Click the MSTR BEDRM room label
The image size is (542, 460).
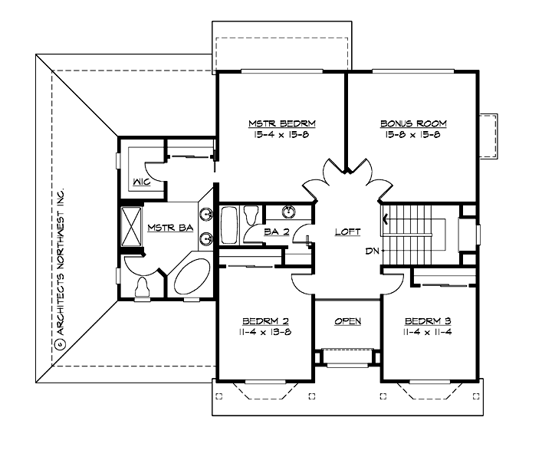pyautogui.click(x=282, y=123)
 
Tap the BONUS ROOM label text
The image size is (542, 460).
pyautogui.click(x=413, y=123)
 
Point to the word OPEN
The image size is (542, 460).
pyautogui.click(x=347, y=321)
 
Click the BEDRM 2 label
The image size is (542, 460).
pyautogui.click(x=264, y=320)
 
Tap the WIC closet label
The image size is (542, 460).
pyautogui.click(x=140, y=182)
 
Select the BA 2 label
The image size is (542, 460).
pyautogui.click(x=275, y=232)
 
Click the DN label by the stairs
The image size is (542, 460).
pyautogui.click(x=371, y=251)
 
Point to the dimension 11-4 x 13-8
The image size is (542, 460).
pyautogui.click(x=264, y=332)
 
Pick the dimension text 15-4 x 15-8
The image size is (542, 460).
pyautogui.click(x=282, y=135)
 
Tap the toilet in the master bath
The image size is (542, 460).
pyautogui.click(x=142, y=287)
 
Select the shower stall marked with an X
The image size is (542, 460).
pyautogui.click(x=131, y=226)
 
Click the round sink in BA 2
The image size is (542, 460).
pyautogui.click(x=290, y=212)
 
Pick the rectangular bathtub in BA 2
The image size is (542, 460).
pyautogui.click(x=229, y=225)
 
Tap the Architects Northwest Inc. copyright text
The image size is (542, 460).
pyautogui.click(x=60, y=268)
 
